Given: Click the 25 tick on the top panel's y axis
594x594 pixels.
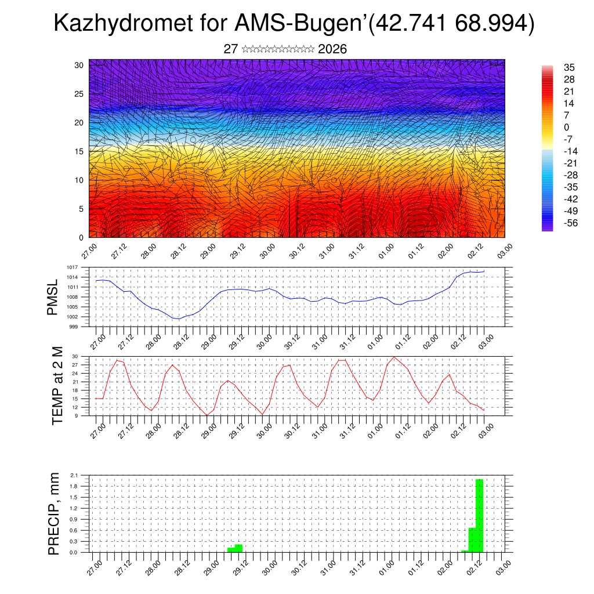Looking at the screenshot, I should pos(79,94).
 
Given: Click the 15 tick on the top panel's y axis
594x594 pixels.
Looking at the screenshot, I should pos(79,151).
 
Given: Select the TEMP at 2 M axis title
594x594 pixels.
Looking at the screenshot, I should pos(57,385).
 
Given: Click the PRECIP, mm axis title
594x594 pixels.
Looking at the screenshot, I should pos(54,513).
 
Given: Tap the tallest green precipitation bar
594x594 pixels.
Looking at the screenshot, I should pos(479,515).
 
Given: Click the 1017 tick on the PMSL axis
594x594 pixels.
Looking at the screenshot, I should pos(72,267).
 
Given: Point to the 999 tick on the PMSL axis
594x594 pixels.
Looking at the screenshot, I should pos(73,327).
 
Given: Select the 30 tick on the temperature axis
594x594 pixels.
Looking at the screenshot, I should pos(75,356).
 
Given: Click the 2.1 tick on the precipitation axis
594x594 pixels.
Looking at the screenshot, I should pos(74,475).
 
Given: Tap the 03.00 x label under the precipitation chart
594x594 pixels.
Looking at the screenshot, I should pos(503,566).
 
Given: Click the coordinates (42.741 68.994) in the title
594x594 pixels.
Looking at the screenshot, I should pos(451,24).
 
